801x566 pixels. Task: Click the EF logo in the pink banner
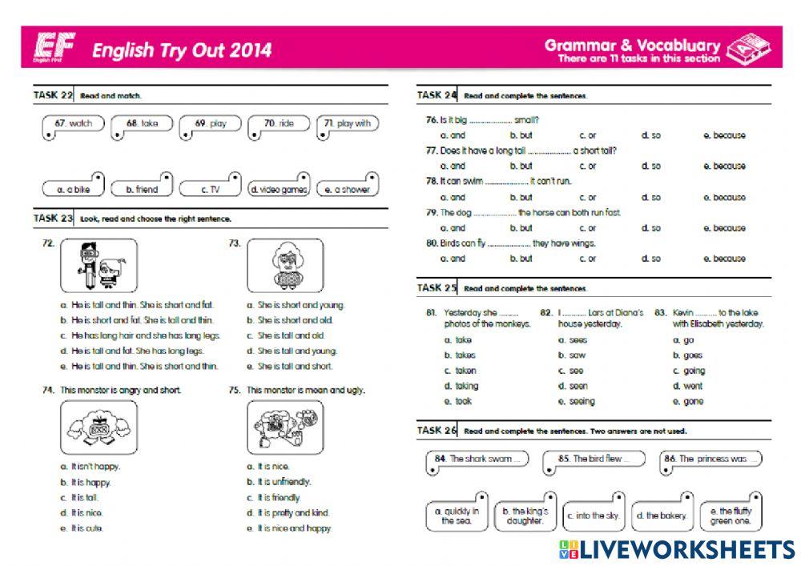55,50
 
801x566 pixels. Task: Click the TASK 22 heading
53,95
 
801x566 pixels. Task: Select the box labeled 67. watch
74,125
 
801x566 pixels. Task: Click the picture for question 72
99,265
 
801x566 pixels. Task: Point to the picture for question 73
285,265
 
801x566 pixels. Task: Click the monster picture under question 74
99,428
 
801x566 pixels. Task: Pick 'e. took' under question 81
462,401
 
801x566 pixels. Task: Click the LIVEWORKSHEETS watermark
677,548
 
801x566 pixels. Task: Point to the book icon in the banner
748,48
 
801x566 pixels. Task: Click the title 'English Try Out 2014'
182,51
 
